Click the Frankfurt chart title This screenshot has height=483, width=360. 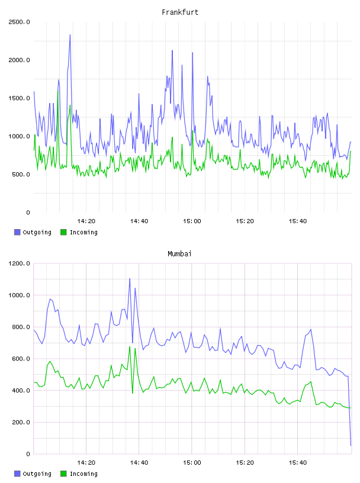(x=180, y=12)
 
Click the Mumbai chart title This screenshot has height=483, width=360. (x=179, y=254)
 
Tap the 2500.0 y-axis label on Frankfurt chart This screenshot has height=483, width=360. (x=19, y=22)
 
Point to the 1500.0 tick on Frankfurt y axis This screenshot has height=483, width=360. (x=19, y=98)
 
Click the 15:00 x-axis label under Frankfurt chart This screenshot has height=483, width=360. (x=192, y=221)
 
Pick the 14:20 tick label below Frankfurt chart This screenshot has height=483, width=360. (x=86, y=221)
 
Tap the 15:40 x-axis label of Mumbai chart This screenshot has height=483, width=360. (x=298, y=462)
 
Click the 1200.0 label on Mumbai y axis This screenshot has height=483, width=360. (x=19, y=263)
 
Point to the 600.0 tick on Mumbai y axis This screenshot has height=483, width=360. (x=21, y=359)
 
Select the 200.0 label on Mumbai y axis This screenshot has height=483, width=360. (x=21, y=422)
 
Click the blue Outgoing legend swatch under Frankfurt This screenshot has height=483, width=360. (x=17, y=232)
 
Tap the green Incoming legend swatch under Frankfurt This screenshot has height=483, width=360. (x=63, y=232)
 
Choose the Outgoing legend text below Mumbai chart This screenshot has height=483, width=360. (x=37, y=474)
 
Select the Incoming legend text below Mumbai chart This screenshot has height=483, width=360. (x=83, y=474)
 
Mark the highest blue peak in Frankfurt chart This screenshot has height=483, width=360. (x=70, y=35)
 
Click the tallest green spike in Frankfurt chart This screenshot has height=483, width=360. (x=57, y=90)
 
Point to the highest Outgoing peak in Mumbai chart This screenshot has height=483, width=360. (x=130, y=278)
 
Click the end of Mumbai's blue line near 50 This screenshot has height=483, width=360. (x=351, y=446)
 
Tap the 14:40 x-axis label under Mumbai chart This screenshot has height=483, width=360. (x=139, y=462)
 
